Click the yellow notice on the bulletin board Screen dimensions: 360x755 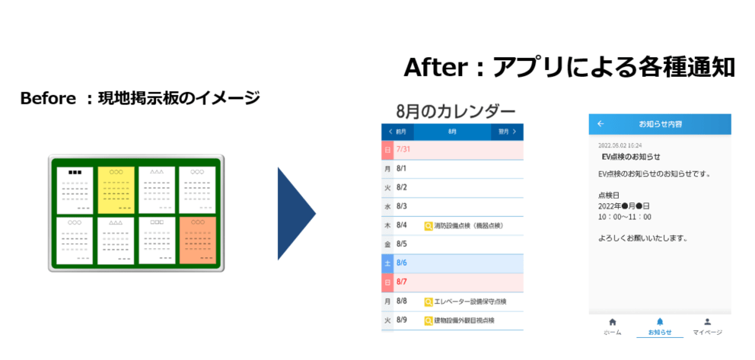(x=116, y=189)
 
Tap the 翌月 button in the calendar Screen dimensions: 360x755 (x=507, y=132)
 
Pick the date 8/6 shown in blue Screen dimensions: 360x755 (x=402, y=263)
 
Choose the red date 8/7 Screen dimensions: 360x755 (x=402, y=282)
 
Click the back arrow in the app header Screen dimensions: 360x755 (x=600, y=123)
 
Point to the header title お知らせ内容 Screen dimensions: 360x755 (x=660, y=123)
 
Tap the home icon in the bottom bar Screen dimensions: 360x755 (x=612, y=322)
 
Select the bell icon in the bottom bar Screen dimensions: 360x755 (x=660, y=322)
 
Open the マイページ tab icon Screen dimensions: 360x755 (x=707, y=322)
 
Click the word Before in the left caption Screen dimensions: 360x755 (x=46, y=99)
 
